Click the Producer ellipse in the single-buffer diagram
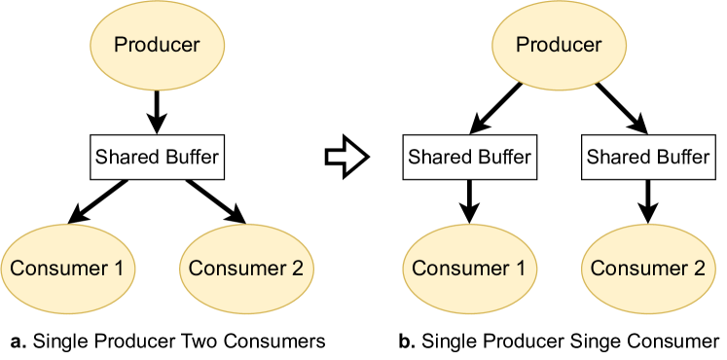tap(157, 45)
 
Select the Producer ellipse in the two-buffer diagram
tap(559, 45)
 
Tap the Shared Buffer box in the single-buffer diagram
tap(157, 157)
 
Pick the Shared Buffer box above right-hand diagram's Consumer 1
tap(469, 157)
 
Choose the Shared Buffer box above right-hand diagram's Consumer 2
tap(648, 157)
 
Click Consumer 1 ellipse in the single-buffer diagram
tap(67, 269)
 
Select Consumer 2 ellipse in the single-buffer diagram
tap(246, 269)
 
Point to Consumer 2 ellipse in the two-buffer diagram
tap(648, 269)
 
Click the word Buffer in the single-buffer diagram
tap(191, 157)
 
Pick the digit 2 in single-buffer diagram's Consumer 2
tap(297, 269)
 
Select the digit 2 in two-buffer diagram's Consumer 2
tap(699, 269)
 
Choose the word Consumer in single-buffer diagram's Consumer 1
tap(57, 269)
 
